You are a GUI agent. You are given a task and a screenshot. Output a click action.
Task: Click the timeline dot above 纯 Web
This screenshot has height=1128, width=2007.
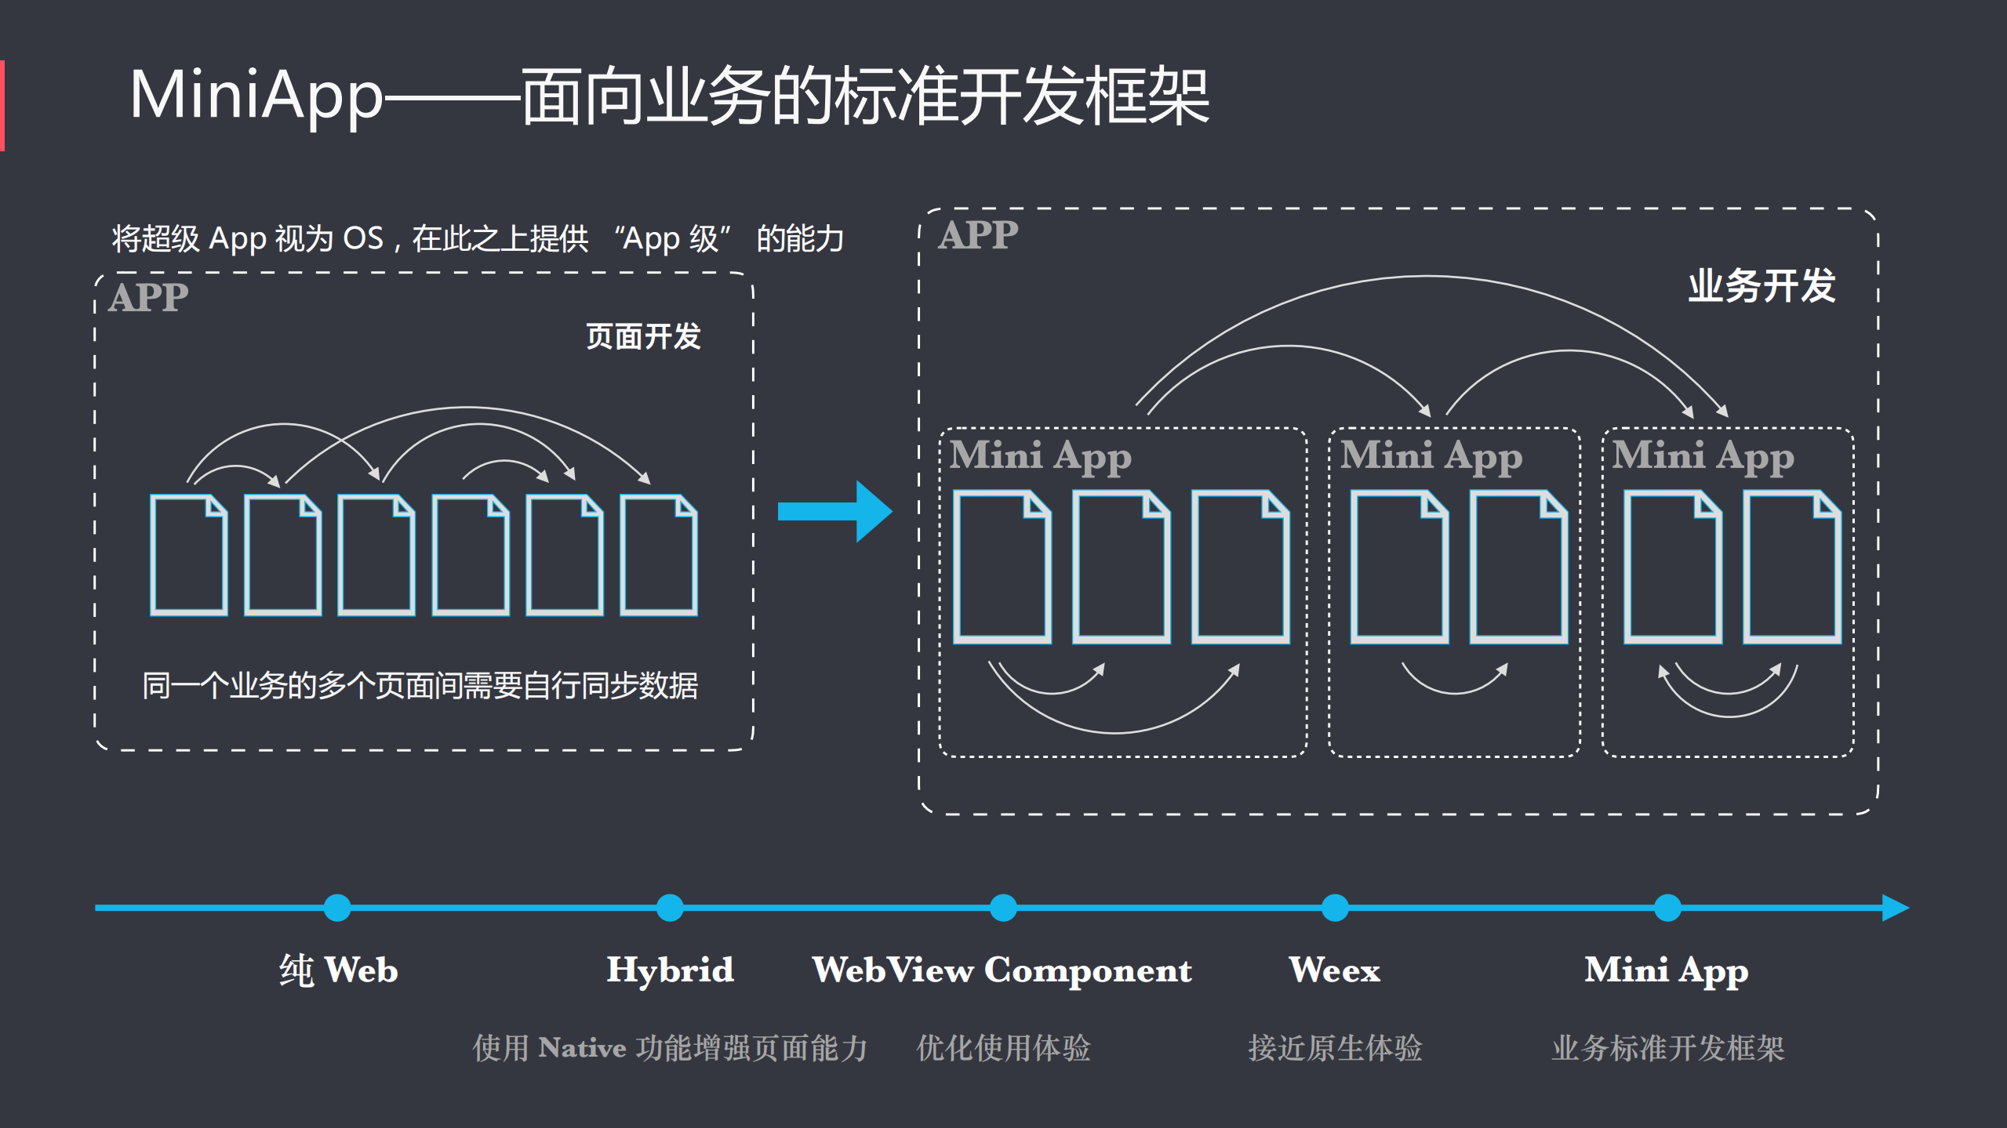coord(337,908)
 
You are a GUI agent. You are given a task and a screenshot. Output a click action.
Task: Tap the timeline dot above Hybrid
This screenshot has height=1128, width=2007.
coord(670,908)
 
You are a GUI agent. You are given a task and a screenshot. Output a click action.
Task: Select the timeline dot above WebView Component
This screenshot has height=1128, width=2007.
coord(1003,908)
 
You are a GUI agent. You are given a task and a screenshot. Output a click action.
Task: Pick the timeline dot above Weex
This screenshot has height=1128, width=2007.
coord(1335,908)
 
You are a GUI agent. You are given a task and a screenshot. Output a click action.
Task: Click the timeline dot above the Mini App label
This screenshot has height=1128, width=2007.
coord(1667,908)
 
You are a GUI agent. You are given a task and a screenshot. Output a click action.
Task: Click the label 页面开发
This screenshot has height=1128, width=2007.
coord(643,336)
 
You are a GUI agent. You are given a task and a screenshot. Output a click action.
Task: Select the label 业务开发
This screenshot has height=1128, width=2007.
coord(1761,285)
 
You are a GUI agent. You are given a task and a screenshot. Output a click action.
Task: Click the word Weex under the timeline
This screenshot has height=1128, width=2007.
coord(1334,970)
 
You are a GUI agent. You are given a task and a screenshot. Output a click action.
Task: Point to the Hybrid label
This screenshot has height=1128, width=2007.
coord(670,970)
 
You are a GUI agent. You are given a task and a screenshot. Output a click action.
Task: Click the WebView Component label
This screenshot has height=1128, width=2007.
coord(1002,970)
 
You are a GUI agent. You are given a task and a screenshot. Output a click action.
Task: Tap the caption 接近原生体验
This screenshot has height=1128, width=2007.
coord(1335,1048)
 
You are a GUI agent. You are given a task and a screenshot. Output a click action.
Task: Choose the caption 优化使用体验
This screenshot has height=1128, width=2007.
coord(1003,1048)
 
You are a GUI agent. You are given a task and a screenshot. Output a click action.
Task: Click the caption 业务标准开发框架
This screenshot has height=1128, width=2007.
coord(1667,1048)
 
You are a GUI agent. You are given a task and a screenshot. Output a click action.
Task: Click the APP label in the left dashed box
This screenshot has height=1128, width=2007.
coord(149,298)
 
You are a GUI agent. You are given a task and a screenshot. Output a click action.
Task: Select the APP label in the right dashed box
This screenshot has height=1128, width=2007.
coord(978,235)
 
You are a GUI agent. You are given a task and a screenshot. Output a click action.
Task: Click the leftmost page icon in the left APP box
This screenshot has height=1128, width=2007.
coord(189,555)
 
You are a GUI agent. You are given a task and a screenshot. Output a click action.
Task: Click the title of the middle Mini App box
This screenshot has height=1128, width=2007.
coord(1431,456)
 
